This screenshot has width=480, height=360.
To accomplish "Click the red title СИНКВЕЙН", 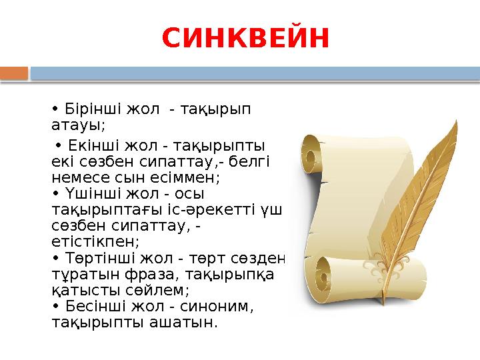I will click(x=246, y=39).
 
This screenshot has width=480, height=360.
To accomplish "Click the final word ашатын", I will click(x=186, y=322).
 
